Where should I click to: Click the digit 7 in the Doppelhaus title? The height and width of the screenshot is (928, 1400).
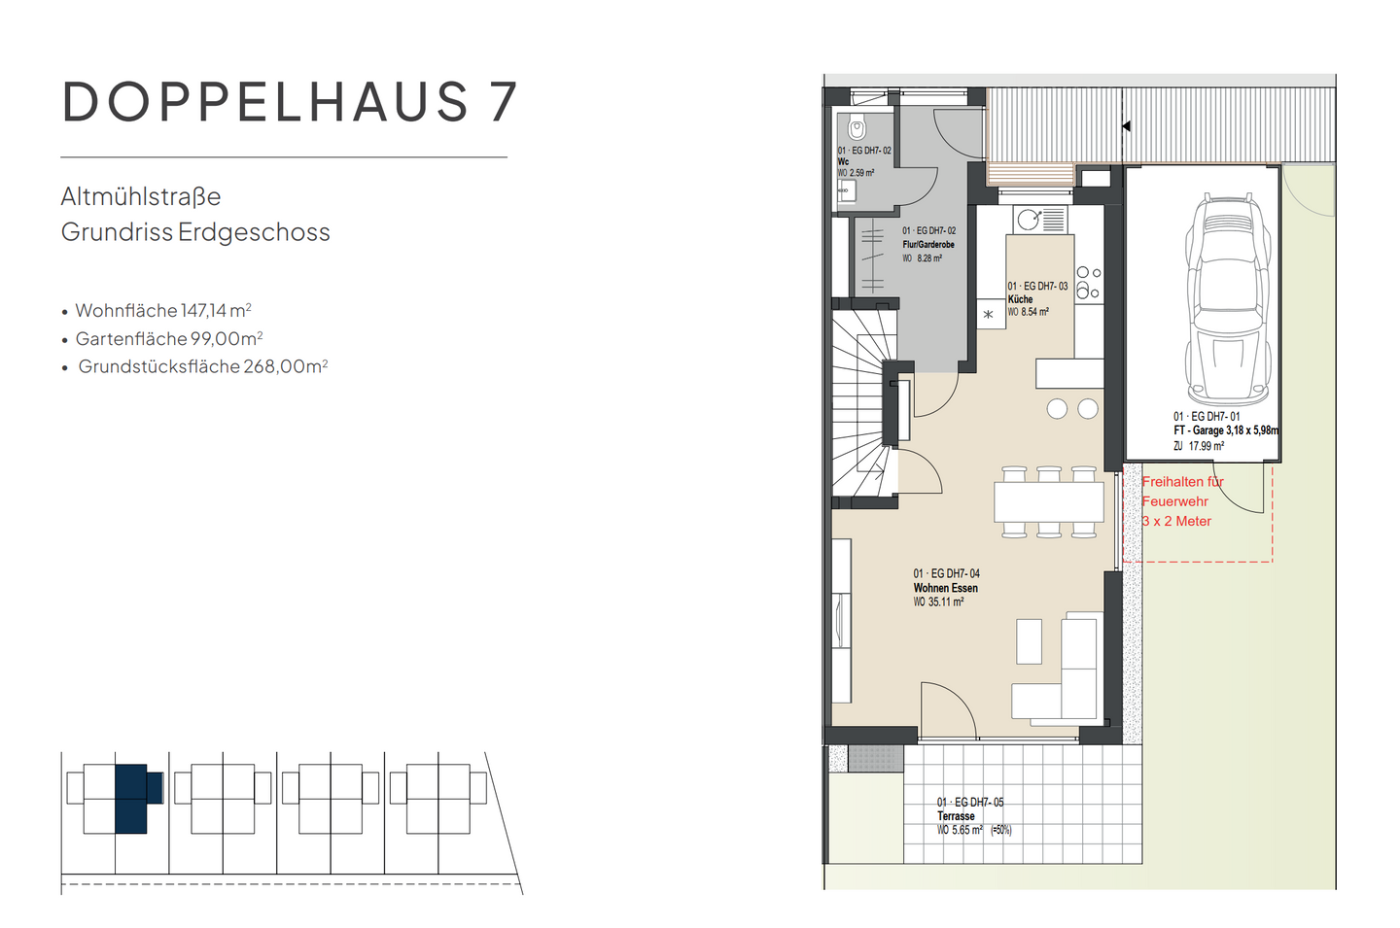(x=502, y=102)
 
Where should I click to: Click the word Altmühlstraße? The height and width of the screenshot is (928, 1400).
(x=141, y=197)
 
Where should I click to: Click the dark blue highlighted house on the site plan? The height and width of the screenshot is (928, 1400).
(x=133, y=799)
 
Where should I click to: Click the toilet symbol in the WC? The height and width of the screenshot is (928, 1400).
(x=857, y=129)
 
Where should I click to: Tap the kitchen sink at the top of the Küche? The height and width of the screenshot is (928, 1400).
(x=1029, y=220)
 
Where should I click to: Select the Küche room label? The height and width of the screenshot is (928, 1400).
(x=1020, y=299)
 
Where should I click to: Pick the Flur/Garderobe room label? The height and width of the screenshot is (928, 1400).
(x=928, y=245)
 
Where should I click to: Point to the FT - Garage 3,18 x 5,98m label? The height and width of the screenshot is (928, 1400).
(x=1225, y=430)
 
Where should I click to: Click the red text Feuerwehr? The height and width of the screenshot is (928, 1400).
(x=1174, y=501)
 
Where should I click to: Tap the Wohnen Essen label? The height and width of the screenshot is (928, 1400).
(x=945, y=588)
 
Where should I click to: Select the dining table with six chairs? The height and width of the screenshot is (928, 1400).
(x=1048, y=501)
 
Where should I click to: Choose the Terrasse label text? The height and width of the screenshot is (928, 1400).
(x=956, y=816)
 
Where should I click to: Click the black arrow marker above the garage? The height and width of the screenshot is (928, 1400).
(x=1126, y=126)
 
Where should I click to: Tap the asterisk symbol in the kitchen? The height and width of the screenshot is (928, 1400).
(x=989, y=314)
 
